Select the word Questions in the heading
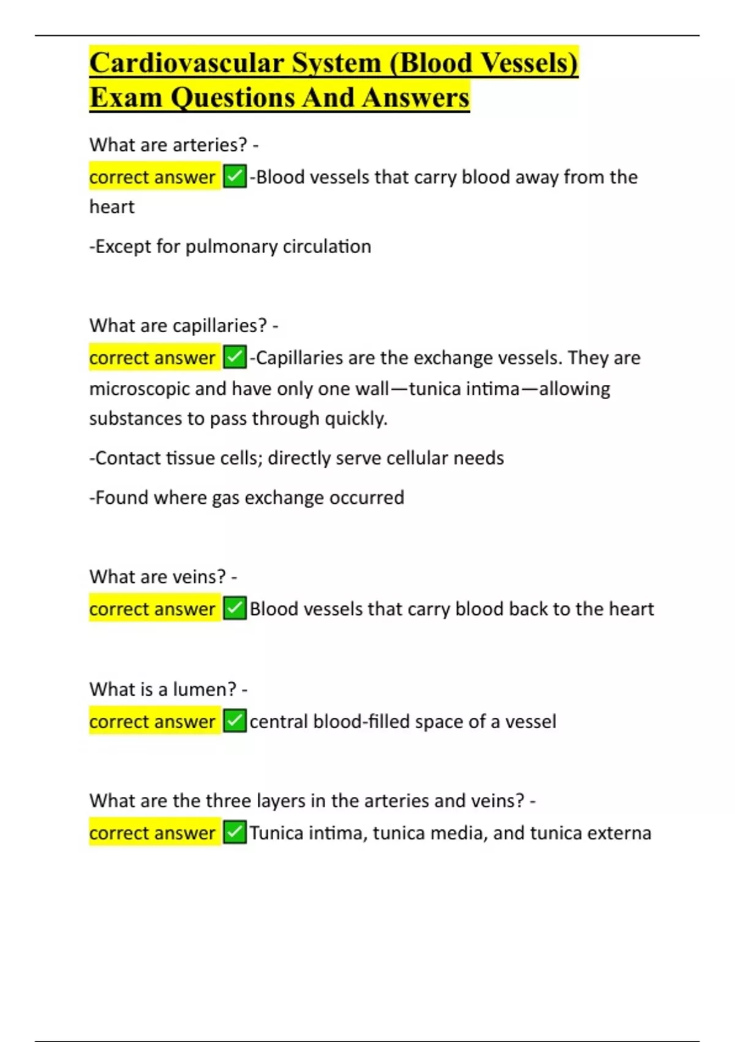point(232,98)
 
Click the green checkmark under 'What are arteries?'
point(235,177)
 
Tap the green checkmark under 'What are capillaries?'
point(235,357)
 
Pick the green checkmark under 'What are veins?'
point(235,609)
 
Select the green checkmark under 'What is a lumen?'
point(235,721)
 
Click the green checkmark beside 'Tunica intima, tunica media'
point(235,833)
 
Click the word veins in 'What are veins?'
point(199,577)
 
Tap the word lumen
point(204,690)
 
